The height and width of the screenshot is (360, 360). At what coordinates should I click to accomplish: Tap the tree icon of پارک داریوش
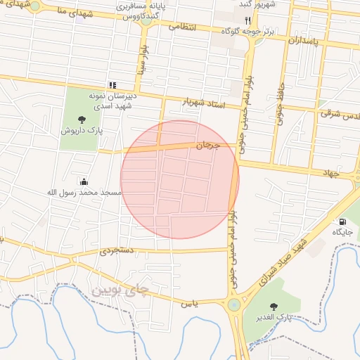(82, 119)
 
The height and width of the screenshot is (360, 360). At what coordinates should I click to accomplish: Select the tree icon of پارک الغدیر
(274, 306)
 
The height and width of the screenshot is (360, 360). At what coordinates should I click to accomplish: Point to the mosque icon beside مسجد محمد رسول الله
(84, 181)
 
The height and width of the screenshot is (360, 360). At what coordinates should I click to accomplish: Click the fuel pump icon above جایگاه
(342, 221)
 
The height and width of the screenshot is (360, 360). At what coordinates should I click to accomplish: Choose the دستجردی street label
(115, 250)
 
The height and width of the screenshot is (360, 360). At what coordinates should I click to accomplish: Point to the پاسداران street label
(304, 41)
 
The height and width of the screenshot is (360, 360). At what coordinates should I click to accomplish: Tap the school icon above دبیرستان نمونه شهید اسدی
(112, 85)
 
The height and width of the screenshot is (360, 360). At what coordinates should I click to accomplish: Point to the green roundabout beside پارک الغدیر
(233, 304)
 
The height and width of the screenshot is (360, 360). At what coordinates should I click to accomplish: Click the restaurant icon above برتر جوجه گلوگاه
(247, 20)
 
